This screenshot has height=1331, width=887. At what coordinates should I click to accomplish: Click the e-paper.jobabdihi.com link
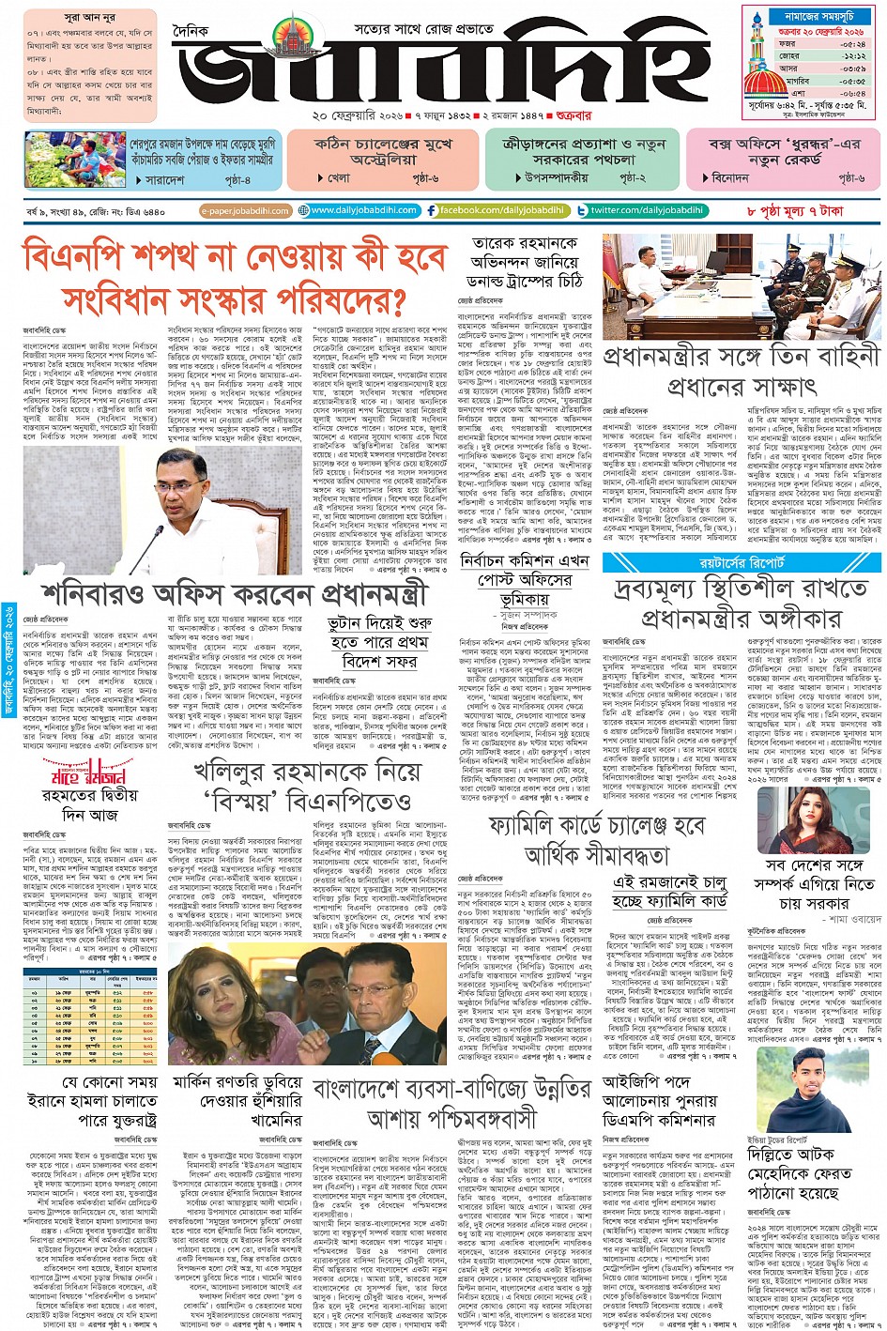(x=246, y=211)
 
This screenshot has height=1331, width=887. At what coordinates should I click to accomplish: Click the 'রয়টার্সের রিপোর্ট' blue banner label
(x=742, y=563)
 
